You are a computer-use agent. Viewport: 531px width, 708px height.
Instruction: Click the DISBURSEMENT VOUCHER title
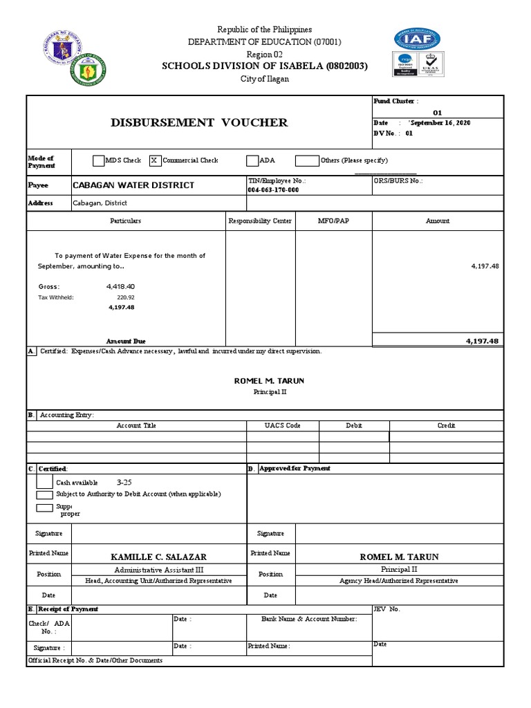coord(199,123)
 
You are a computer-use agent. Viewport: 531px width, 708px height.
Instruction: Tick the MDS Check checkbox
coord(98,160)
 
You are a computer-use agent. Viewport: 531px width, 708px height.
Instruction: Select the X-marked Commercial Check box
coord(155,160)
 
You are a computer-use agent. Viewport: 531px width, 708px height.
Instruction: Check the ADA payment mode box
coord(252,160)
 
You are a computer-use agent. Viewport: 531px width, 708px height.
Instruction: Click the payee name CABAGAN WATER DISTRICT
coord(133,185)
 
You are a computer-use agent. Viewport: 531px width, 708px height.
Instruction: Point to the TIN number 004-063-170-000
coord(273,190)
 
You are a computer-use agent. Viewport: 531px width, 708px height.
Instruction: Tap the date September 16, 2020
coord(439,122)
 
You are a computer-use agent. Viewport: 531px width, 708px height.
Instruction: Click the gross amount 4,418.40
coord(120,286)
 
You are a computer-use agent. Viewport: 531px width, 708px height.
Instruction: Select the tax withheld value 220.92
coord(125,297)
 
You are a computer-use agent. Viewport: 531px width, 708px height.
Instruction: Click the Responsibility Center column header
coord(260,221)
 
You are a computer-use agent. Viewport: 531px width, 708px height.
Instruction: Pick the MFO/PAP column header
coord(333,221)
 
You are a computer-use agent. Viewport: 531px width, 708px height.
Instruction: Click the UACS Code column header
coord(283,426)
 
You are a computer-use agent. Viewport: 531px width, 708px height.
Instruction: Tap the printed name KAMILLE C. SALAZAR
coord(158,557)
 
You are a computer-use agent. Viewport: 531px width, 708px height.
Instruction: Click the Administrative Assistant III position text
coord(158,570)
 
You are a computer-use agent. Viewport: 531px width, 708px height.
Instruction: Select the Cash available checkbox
coord(44,482)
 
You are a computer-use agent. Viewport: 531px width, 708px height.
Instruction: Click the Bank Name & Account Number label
coord(309,619)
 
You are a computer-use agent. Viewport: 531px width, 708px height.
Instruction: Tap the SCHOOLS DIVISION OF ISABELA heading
coord(264,66)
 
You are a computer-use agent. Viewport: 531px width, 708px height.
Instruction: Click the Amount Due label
coord(126,342)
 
